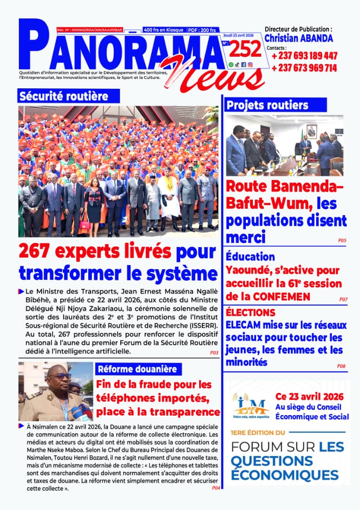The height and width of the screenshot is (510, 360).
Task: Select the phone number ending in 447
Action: coord(304,56)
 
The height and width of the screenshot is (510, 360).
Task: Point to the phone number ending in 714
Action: coord(304,68)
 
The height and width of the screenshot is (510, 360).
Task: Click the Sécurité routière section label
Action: coord(63,97)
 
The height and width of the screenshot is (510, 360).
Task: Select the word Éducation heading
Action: coord(250,257)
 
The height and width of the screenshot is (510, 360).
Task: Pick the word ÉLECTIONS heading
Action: coord(250,313)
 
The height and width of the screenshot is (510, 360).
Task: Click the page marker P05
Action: coord(342,240)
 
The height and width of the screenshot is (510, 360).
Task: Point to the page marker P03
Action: coord(214,352)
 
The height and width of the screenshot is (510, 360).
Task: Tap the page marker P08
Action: coord(341,366)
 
